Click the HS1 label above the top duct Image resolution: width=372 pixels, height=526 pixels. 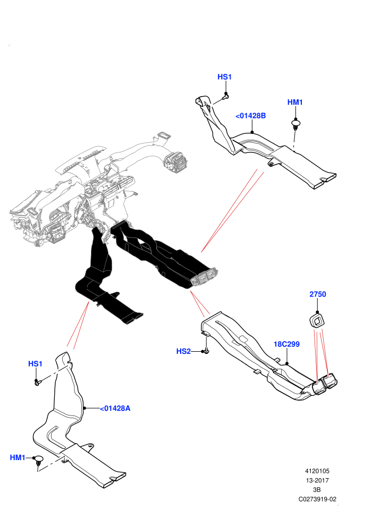(224, 77)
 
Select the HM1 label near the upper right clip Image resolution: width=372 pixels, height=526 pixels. (295, 103)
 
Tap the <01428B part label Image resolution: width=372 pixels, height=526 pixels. (251, 116)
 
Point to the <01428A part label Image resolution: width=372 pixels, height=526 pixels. (115, 408)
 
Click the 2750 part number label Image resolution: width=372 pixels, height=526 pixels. (318, 294)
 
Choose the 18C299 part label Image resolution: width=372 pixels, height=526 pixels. (287, 344)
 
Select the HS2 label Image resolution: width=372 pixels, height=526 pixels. (183, 351)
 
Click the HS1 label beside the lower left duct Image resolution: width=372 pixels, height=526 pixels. (35, 364)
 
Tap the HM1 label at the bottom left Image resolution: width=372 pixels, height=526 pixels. (18, 457)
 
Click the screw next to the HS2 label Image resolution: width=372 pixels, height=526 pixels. (206, 351)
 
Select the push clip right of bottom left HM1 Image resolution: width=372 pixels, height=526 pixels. (39, 460)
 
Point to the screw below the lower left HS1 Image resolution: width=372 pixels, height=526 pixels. (38, 382)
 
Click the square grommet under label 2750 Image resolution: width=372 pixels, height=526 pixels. (316, 319)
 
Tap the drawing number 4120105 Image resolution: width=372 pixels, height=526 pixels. (317, 471)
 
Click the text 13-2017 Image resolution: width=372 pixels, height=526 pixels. (317, 480)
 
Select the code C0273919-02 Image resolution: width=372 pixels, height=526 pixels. (317, 499)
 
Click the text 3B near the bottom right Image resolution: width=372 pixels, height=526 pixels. (317, 490)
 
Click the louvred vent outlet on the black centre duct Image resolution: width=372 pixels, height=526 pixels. (204, 277)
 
